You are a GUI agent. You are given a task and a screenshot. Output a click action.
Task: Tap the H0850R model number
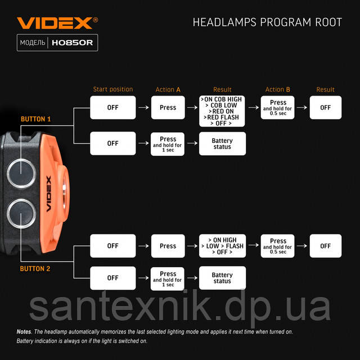click(x=73, y=43)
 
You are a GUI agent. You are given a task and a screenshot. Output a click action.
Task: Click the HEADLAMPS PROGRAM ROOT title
click(x=267, y=22)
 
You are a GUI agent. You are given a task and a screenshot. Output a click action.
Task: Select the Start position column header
click(x=113, y=89)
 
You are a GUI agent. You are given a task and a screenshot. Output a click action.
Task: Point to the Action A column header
click(x=168, y=89)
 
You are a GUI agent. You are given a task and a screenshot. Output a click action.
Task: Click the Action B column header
click(x=278, y=89)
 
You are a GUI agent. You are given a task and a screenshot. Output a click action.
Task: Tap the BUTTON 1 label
click(x=35, y=119)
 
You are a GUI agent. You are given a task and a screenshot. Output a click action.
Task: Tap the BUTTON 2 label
click(x=35, y=269)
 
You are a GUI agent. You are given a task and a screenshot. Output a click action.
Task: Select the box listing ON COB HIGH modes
click(x=222, y=111)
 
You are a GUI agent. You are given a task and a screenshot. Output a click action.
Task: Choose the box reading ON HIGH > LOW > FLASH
click(x=222, y=246)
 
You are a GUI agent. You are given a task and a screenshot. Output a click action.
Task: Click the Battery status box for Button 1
click(x=222, y=143)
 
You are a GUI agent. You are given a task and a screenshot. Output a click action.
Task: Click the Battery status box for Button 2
click(x=222, y=278)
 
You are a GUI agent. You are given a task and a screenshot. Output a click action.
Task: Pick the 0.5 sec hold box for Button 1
click(x=278, y=107)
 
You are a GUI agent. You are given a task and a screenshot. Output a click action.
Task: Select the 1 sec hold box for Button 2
click(x=168, y=278)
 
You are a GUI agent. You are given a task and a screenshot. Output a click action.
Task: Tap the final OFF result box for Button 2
click(x=325, y=246)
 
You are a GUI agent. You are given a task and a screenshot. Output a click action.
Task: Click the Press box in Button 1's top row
click(x=168, y=107)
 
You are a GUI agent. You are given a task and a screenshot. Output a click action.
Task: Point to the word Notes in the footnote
click(x=24, y=332)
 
